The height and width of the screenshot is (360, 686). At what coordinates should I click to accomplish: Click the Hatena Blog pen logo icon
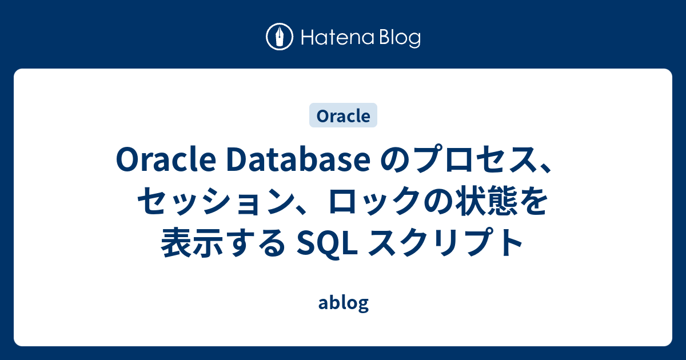tap(280, 38)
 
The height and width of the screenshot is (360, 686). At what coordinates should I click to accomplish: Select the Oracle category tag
tap(343, 115)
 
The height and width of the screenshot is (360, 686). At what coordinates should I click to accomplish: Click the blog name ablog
tap(343, 303)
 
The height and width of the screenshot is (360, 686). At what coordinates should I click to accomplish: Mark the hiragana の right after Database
tap(386, 162)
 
